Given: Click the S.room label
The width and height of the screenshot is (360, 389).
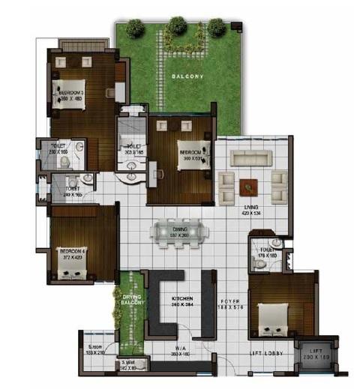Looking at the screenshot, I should coord(94,346).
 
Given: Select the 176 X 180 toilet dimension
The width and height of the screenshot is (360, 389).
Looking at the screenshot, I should coord(267,256).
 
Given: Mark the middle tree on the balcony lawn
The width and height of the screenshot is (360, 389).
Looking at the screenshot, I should coord(177,26).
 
